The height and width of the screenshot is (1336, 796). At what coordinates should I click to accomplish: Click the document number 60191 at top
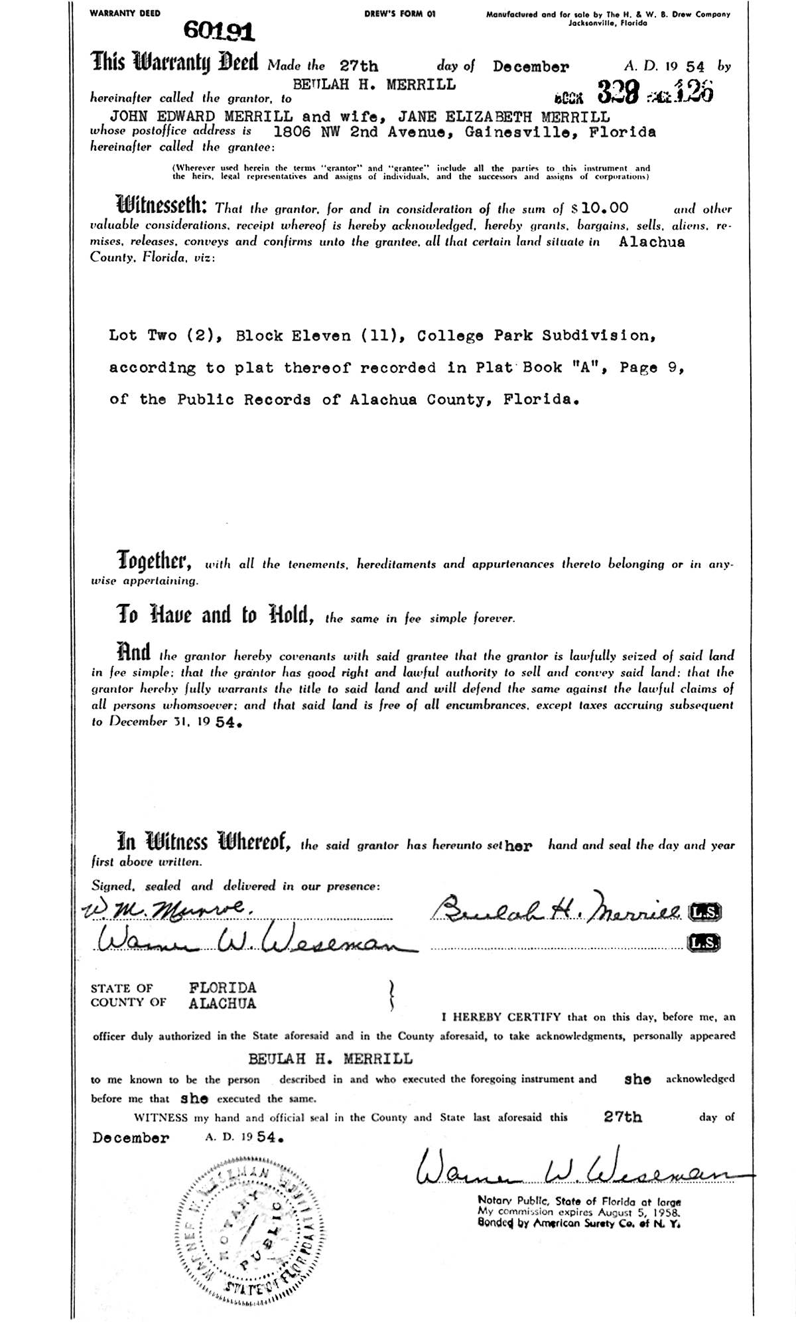click(x=214, y=29)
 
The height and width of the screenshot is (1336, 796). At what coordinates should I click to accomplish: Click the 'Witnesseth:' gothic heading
click(x=163, y=205)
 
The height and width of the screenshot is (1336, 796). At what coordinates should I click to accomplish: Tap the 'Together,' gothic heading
click(x=155, y=561)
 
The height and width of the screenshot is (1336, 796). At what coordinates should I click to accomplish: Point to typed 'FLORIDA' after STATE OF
click(x=222, y=988)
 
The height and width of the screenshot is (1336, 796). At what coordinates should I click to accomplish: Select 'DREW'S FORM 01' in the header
click(x=400, y=13)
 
